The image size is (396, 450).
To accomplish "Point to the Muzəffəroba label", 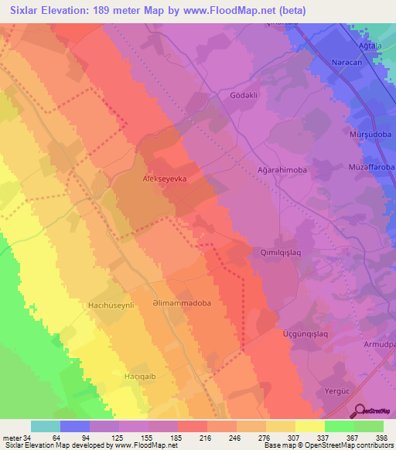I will (372, 166).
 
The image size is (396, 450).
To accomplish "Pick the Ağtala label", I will (381, 45).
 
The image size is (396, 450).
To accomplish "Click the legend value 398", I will (382, 437).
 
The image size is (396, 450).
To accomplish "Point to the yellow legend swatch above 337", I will (309, 426).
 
